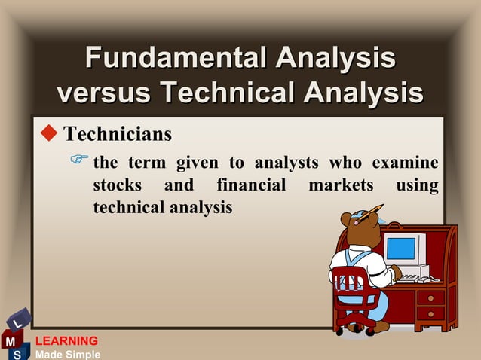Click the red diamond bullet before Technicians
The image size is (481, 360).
pos(49,134)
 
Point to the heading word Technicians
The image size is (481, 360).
pos(118,135)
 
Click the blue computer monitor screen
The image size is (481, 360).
pos(400,248)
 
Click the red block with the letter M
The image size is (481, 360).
pos(11,341)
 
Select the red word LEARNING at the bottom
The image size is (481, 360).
pos(67,341)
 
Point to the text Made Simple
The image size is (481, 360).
pos(67,354)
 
